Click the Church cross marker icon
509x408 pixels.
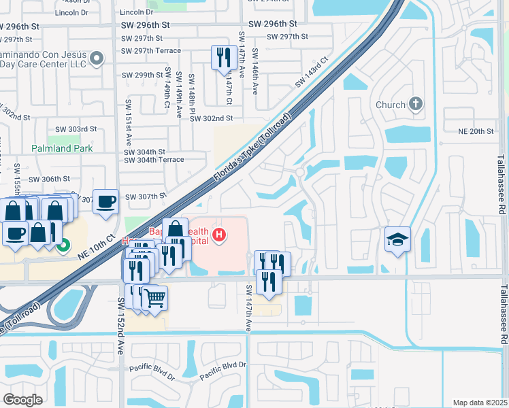pos(416,105)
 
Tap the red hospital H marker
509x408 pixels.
pos(219,236)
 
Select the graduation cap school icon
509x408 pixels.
pos(397,239)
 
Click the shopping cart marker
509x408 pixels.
pos(154,297)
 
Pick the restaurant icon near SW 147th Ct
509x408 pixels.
pos(223,57)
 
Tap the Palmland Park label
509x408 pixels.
pos(61,148)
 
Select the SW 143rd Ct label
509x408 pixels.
pos(312,71)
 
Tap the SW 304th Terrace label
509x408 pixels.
pos(154,160)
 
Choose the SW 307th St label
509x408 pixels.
pos(145,196)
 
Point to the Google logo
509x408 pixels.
pos(22,399)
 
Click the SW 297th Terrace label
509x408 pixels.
pos(151,50)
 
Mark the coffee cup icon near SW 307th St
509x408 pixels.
pos(105,201)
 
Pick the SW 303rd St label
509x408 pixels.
pos(76,129)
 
